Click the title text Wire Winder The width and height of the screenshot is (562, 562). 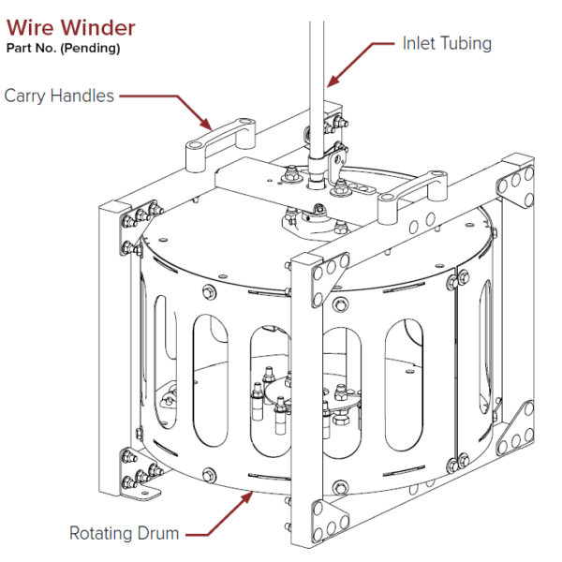tap(70, 28)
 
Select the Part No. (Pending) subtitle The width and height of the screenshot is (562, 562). tap(63, 49)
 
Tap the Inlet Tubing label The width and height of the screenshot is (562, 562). tap(447, 43)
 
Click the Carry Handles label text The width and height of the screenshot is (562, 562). tap(59, 96)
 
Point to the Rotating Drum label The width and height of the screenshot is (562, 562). tap(124, 534)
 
